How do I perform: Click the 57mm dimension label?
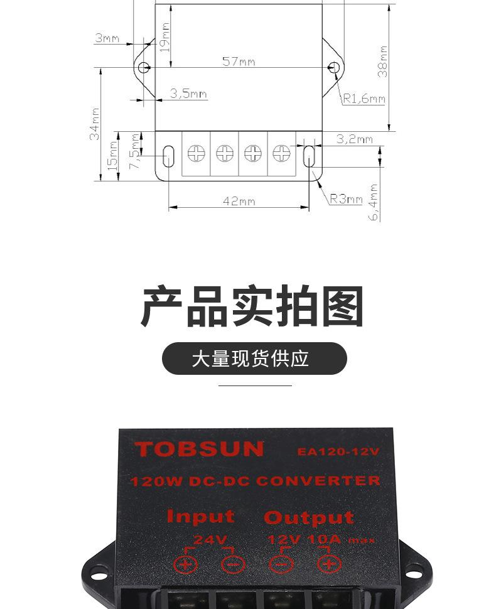pos(239,62)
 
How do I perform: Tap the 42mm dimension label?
pos(239,201)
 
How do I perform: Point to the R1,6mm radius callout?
pos(364,99)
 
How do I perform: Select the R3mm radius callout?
pos(347,199)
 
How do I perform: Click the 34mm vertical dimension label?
pos(94,123)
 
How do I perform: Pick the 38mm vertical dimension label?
pos(382,61)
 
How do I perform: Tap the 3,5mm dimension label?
pos(188,94)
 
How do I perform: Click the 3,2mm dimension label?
pos(354,139)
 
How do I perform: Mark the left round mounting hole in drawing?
pos(144,67)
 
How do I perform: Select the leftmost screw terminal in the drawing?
pos(197,153)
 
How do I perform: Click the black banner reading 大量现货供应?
pos(254,358)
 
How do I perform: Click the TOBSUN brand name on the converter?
pos(199,449)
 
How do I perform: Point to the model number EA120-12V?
pos(338,451)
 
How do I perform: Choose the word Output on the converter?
pos(308,517)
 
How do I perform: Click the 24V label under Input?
pos(210,539)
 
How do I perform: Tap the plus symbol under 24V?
pos(185,563)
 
